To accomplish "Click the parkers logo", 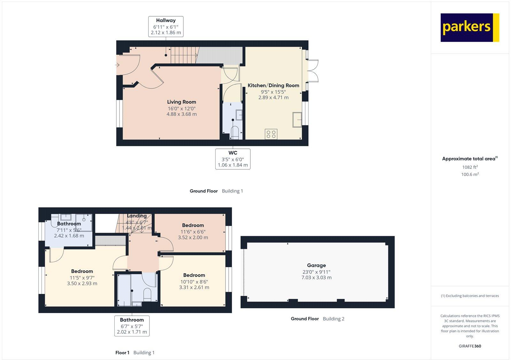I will coord(469,27).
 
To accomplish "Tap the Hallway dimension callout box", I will coord(166,26).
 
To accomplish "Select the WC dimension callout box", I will coord(233,159).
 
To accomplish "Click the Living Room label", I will coord(181,102).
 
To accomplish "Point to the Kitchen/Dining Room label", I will coord(273,85).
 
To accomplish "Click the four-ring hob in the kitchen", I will coord(271,134).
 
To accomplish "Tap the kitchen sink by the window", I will coord(297,120).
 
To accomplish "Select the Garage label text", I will coord(316,265).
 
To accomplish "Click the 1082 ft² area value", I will coord(470,167).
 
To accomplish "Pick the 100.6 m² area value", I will coord(470,174).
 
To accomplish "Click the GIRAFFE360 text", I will coord(470,346).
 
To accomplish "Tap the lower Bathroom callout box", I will coord(132,326).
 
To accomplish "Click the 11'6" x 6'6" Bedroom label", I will coord(193,225).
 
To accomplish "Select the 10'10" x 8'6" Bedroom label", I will coord(194,275).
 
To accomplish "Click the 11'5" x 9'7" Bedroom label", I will coord(82,271).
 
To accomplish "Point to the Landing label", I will coord(137,216).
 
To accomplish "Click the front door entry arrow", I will coord(117,65).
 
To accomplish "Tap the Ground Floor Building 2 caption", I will coord(317,319).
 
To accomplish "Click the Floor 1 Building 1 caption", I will coord(135,353).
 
